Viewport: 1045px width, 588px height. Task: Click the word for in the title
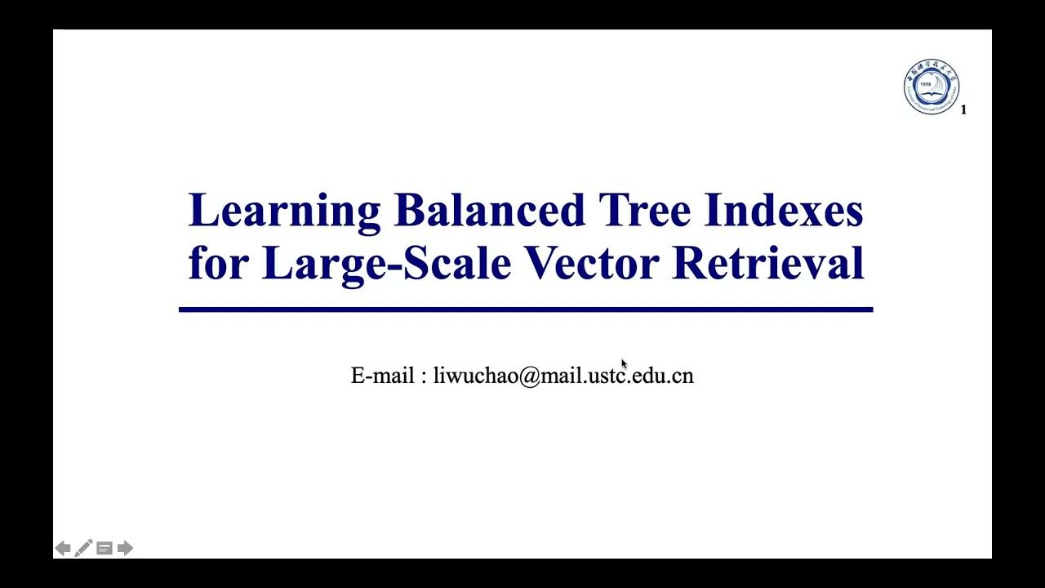[x=217, y=263]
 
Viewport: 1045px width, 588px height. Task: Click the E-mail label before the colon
[x=382, y=376]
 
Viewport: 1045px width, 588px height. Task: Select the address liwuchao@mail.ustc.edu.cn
[x=563, y=376]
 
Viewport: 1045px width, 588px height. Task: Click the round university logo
[x=932, y=87]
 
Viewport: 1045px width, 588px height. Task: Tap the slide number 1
[x=963, y=109]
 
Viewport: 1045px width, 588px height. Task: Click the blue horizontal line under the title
[x=526, y=310]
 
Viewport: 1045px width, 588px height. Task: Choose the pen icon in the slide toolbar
[x=83, y=548]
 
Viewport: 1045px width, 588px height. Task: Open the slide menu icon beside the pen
[x=104, y=548]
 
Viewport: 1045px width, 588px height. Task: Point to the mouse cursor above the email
[x=624, y=364]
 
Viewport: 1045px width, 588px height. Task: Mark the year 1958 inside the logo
[x=925, y=83]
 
